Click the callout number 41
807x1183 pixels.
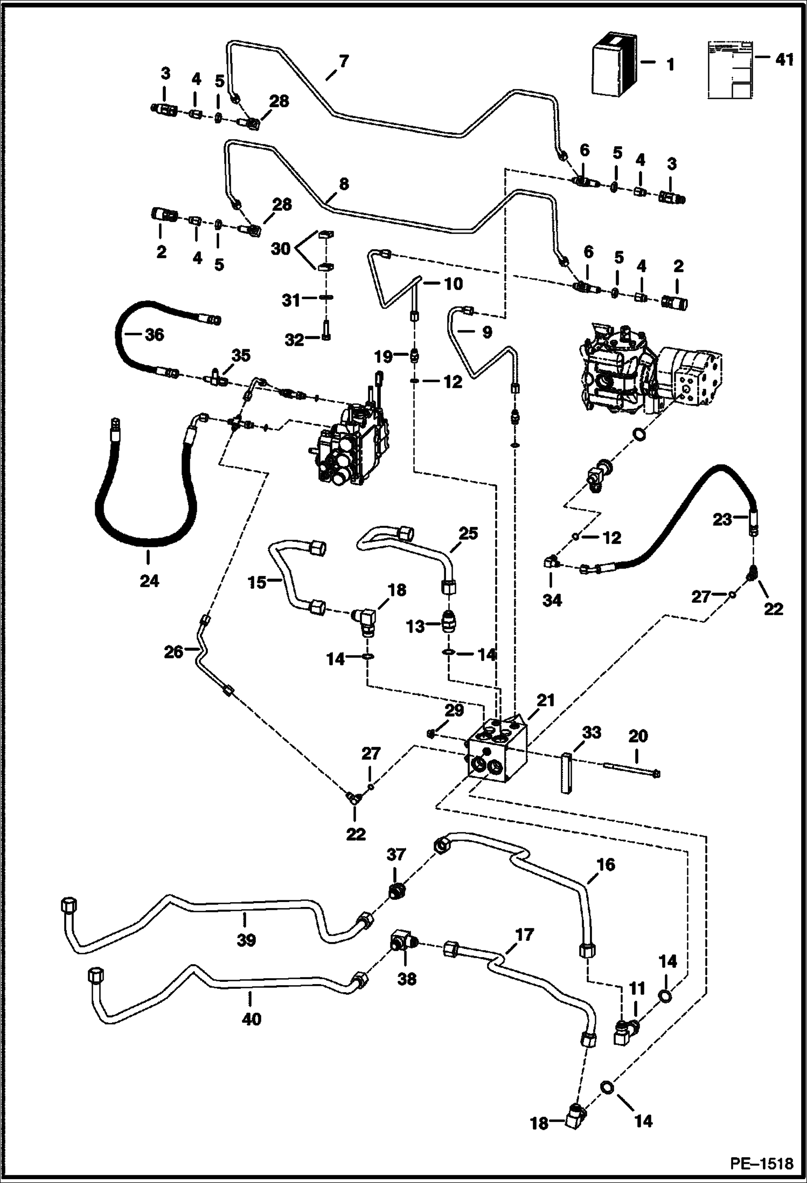(x=785, y=59)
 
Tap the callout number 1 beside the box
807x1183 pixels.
(x=670, y=65)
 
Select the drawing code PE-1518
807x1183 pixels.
(x=761, y=1164)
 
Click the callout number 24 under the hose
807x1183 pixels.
(x=149, y=581)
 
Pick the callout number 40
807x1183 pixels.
(x=252, y=1019)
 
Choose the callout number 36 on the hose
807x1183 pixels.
(x=155, y=335)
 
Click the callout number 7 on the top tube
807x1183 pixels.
(x=344, y=62)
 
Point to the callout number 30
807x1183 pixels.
(x=281, y=249)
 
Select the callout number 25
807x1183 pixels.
(x=468, y=534)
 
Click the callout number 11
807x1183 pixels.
(x=637, y=988)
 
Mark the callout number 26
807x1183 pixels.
(x=173, y=652)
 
